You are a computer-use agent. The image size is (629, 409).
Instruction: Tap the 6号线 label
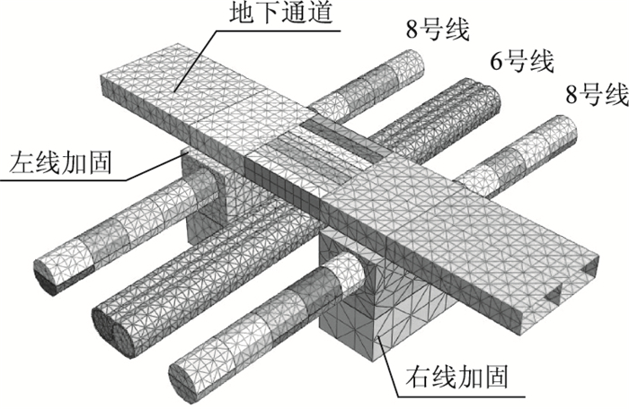520,63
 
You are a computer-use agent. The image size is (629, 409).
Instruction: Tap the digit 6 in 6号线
495,64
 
